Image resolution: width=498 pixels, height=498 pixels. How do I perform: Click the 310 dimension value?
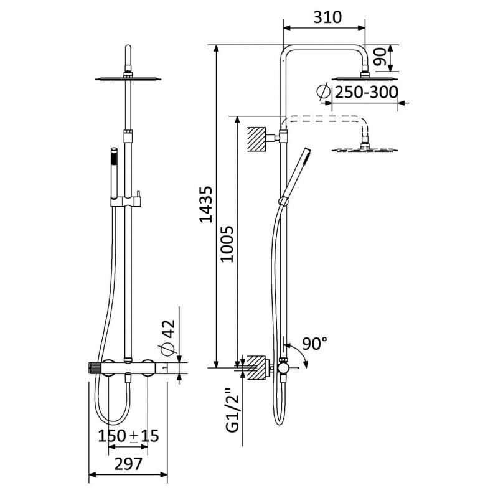click(x=327, y=17)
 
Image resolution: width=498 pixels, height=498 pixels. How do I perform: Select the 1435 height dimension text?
click(x=206, y=204)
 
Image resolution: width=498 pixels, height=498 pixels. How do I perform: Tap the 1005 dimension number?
click(x=227, y=244)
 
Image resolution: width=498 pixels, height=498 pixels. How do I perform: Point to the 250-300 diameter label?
click(x=366, y=92)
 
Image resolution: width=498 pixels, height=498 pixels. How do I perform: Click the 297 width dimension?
click(x=128, y=464)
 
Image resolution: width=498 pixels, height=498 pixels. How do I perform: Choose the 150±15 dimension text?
click(x=128, y=436)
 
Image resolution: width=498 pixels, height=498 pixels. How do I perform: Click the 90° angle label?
click(x=314, y=344)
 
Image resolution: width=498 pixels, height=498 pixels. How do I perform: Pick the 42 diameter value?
click(x=168, y=329)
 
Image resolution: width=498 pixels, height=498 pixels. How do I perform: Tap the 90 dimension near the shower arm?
click(x=380, y=57)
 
